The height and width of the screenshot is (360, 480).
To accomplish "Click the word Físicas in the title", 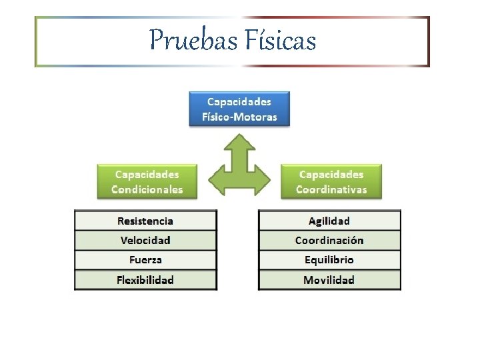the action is tap(280, 40).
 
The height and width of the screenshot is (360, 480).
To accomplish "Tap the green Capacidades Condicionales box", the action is tap(147, 181).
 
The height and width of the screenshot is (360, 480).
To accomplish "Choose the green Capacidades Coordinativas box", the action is tap(331, 181).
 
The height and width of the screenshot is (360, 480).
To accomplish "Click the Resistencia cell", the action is tap(145, 221).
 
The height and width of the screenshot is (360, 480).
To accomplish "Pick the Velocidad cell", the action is tap(145, 240).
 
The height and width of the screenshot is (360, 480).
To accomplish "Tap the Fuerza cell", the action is tap(145, 260).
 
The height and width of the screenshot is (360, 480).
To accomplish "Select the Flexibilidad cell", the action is tap(145, 280).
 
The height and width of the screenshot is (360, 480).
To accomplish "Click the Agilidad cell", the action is tap(329, 221).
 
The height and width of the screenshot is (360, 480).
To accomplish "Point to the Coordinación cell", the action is tap(329, 240).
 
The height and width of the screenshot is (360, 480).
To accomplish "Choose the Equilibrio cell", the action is tap(329, 260).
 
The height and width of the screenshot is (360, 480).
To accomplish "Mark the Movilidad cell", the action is tap(329, 280).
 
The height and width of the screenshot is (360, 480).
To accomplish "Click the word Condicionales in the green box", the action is tap(147, 189).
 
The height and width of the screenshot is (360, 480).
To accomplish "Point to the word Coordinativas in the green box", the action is tap(331, 189).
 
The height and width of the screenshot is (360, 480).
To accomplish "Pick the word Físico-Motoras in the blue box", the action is tap(239, 117).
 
